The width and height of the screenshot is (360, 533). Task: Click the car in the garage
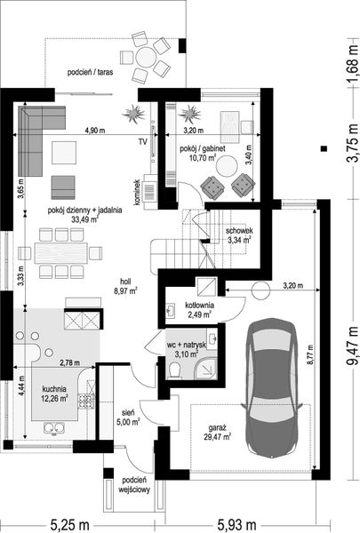(x=271, y=388)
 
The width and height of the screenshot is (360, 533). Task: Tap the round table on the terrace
(x=146, y=57)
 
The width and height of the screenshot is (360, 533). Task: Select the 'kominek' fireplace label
(x=138, y=193)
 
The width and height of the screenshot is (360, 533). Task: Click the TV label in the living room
(x=143, y=141)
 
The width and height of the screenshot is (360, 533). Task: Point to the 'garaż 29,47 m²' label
(x=217, y=433)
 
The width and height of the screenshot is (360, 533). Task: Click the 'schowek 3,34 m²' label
(x=239, y=235)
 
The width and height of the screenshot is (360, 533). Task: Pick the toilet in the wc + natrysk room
(x=175, y=370)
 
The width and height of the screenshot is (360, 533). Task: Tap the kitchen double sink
(x=54, y=427)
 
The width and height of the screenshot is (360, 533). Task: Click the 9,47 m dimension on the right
(x=352, y=346)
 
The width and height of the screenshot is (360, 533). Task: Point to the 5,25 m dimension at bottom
(x=69, y=525)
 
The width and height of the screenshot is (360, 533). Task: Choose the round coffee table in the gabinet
(x=227, y=165)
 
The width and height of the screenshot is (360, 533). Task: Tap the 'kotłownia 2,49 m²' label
(x=199, y=310)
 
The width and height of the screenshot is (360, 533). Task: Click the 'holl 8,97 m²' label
(x=126, y=286)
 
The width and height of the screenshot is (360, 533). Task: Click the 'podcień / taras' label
(x=90, y=72)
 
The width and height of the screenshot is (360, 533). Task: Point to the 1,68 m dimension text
(x=352, y=63)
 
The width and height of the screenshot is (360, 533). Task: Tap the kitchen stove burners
(x=85, y=401)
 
